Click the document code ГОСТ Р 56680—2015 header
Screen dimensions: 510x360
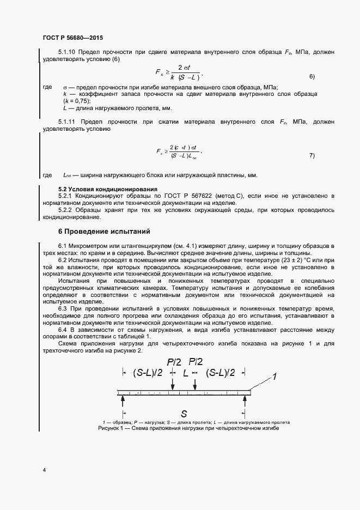[72, 38]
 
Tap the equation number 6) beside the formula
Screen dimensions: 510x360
[312, 76]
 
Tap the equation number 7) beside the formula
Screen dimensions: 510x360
[312, 155]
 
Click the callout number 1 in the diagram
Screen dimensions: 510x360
[276, 376]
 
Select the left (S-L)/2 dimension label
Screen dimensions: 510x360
[145, 373]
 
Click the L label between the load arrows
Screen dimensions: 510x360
[185, 373]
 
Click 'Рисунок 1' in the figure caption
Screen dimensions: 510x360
[112, 429]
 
